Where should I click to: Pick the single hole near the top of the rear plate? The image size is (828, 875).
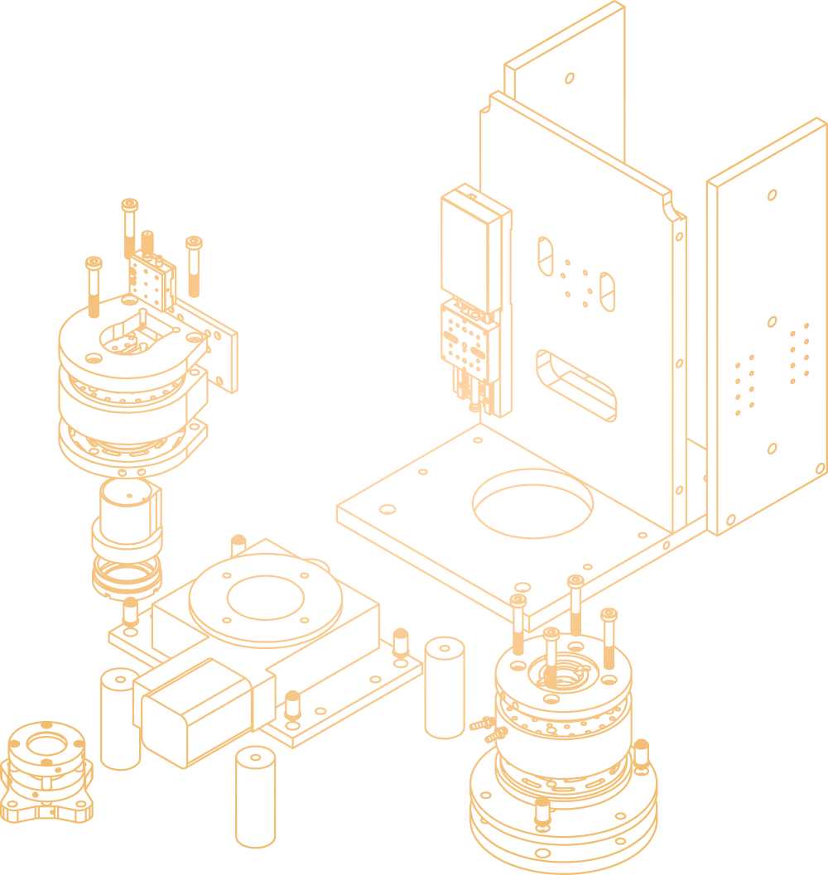click(x=570, y=78)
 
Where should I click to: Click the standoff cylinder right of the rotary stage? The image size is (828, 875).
click(x=444, y=686)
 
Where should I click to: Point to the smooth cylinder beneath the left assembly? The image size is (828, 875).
click(x=127, y=513)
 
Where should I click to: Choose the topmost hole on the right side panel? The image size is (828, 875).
click(x=772, y=195)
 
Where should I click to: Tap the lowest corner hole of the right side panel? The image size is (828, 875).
click(x=731, y=520)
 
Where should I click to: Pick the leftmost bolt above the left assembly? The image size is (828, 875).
click(x=94, y=286)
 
